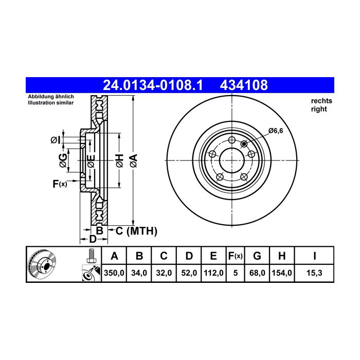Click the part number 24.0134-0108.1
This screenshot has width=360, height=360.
[153, 85]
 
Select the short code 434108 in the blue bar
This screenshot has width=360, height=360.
[244, 85]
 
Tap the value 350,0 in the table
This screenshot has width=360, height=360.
[114, 273]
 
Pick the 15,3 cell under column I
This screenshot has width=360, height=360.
[314, 273]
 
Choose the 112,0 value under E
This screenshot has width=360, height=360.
[213, 273]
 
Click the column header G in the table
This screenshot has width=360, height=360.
[257, 256]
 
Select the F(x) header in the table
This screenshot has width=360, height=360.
[236, 256]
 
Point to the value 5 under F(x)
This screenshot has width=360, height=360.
[236, 273]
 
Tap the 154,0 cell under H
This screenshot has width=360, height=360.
[282, 273]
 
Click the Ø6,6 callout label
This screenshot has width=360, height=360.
[276, 131]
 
